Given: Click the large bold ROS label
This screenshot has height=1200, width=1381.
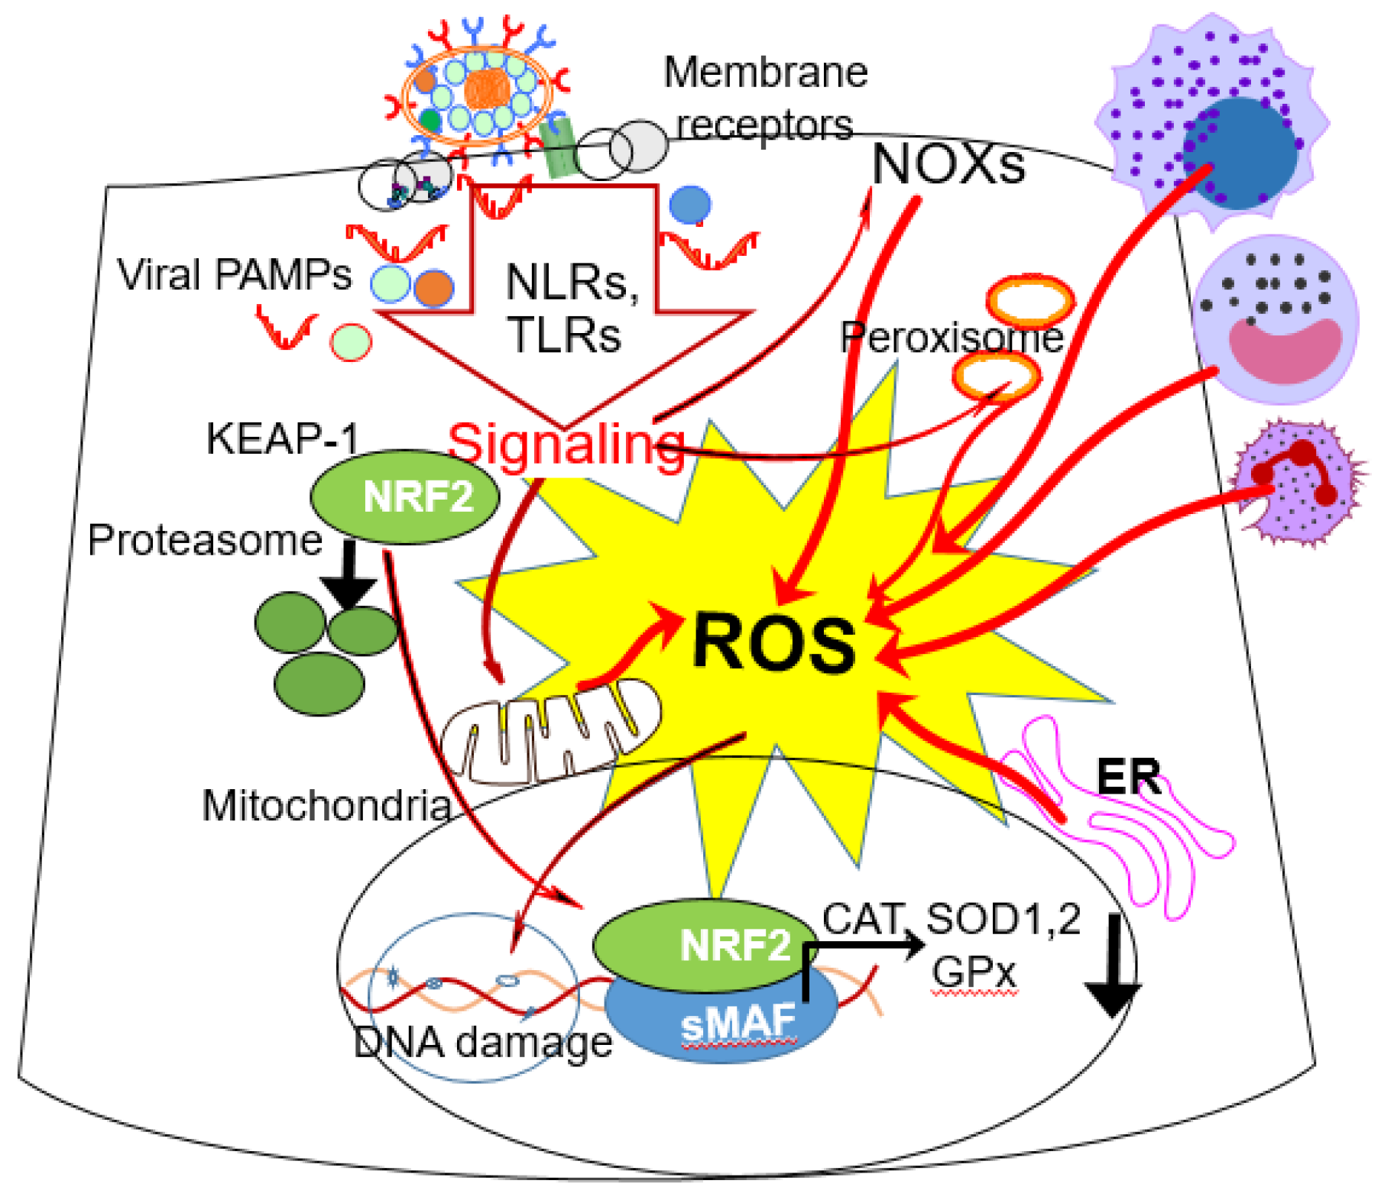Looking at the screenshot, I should [x=773, y=643].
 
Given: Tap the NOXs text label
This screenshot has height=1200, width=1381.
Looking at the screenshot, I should [x=948, y=165].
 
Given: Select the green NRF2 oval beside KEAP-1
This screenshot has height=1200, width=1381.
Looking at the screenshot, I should [x=404, y=496].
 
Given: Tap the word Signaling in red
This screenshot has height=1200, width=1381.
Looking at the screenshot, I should [x=566, y=444].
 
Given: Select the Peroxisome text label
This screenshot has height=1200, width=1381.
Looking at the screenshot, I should [x=951, y=337].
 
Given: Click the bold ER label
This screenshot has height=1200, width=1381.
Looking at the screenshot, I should [x=1128, y=777].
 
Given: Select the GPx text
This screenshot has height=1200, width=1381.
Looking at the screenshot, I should [x=974, y=973].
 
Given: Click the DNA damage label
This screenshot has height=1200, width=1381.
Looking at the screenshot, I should [x=483, y=1042].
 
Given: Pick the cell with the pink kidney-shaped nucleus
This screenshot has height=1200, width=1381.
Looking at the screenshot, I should [x=1275, y=319].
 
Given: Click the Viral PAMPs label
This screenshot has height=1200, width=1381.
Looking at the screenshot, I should [x=234, y=275].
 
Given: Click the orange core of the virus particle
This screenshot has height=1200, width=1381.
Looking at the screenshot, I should [x=487, y=89].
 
